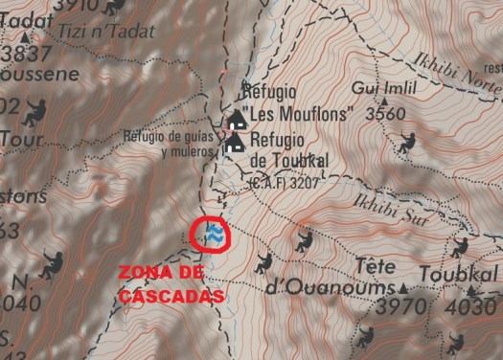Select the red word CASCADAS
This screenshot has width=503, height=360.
tap(172, 296)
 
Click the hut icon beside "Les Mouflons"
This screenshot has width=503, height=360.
tap(236, 119)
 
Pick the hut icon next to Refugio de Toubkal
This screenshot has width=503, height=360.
tap(234, 143)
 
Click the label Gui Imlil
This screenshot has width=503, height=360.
tap(377, 89)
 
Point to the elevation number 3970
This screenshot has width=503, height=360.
tap(400, 307)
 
